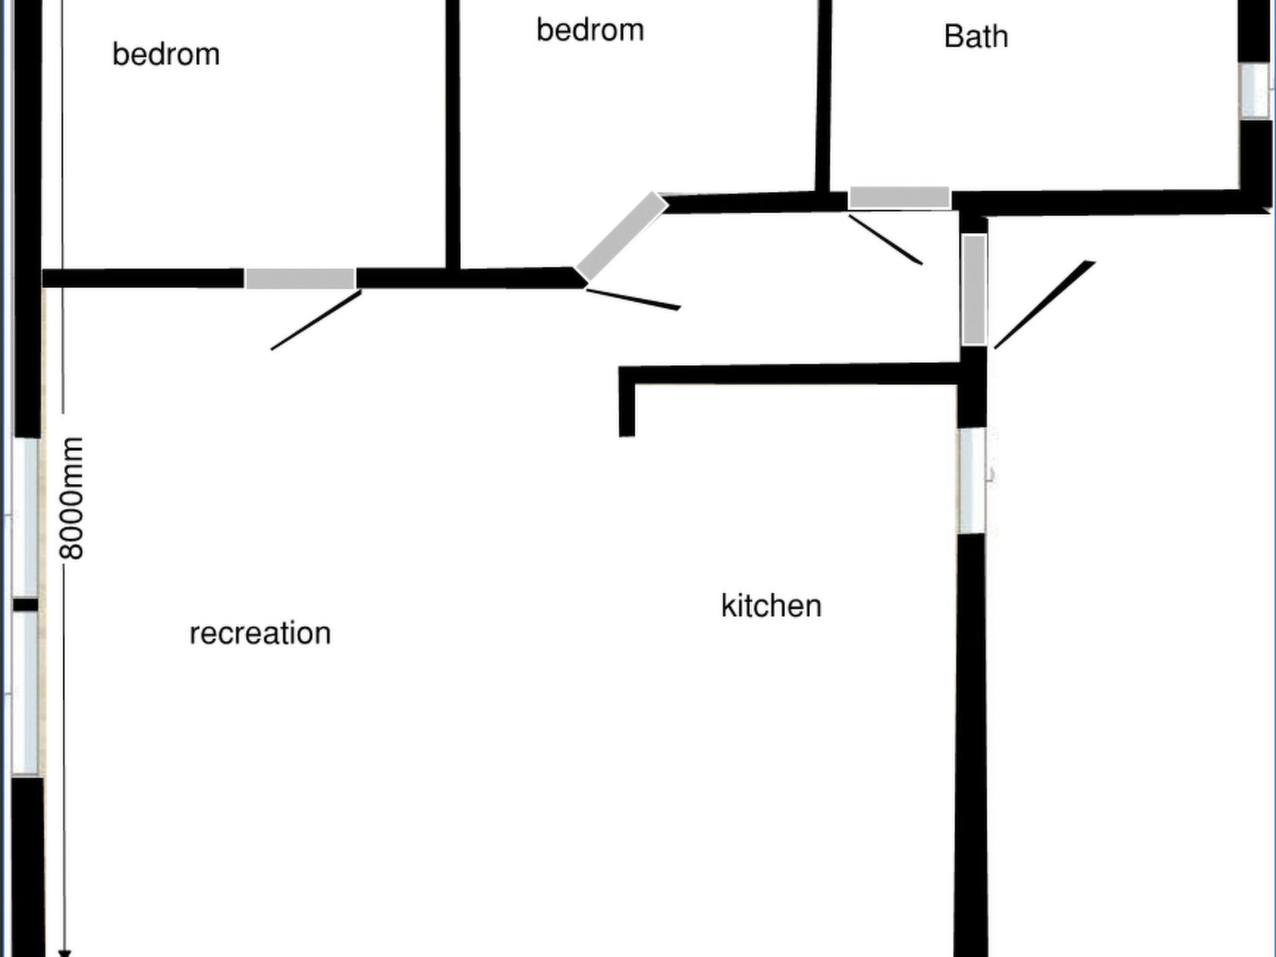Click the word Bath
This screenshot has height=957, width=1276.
tap(976, 36)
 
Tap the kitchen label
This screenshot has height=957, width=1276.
tap(771, 606)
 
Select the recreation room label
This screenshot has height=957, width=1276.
tap(260, 634)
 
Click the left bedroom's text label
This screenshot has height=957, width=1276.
tap(166, 54)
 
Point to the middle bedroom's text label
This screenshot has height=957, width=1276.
tap(590, 31)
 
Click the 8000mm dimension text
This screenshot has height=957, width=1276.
tap(71, 498)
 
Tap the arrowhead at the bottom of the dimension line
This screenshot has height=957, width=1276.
tap(64, 953)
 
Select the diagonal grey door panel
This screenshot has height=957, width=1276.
tap(621, 237)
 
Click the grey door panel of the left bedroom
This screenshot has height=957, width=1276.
tap(300, 279)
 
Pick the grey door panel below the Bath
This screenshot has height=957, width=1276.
tap(899, 198)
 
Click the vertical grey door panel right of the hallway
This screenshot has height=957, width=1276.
tap(974, 290)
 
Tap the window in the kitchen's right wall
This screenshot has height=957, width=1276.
tap(972, 480)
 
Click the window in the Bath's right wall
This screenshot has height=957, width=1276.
tap(1254, 91)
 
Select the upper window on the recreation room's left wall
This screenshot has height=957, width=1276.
tap(26, 518)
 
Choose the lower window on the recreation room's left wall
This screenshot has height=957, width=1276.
tap(26, 693)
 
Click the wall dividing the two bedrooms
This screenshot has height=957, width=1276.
tap(453, 135)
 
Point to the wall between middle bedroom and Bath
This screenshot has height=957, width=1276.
tap(824, 97)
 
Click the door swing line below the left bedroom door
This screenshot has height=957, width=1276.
tap(316, 320)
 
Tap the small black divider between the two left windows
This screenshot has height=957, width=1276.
tap(26, 605)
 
